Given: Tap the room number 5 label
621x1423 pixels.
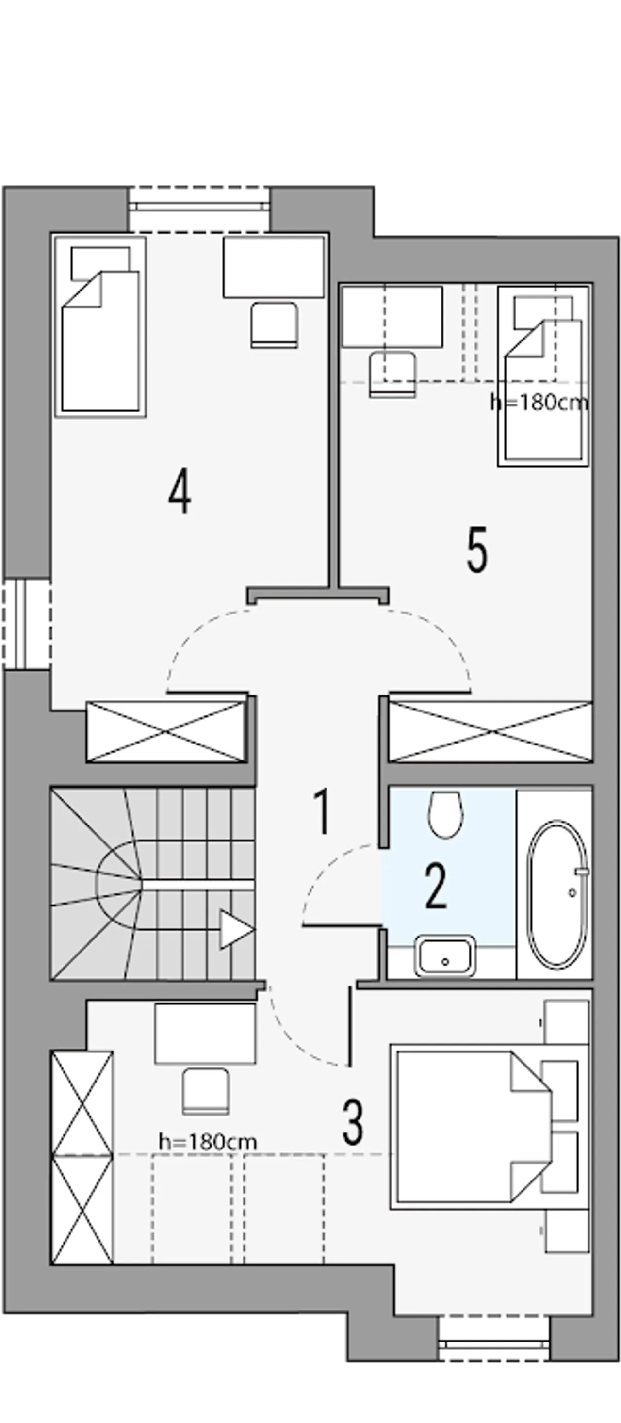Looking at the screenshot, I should (477, 550).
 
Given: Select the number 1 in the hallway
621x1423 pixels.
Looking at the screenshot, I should (322, 811).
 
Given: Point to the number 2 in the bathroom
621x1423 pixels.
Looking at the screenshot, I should (436, 887).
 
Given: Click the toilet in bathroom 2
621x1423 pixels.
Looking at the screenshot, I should (445, 813).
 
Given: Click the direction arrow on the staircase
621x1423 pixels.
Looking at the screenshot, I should (235, 929).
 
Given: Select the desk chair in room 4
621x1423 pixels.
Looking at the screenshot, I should (275, 325).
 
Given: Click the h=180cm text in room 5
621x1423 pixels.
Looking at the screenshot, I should (539, 403).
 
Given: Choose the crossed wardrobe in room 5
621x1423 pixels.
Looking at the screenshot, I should (490, 731).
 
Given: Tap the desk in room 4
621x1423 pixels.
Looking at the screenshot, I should (273, 267).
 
